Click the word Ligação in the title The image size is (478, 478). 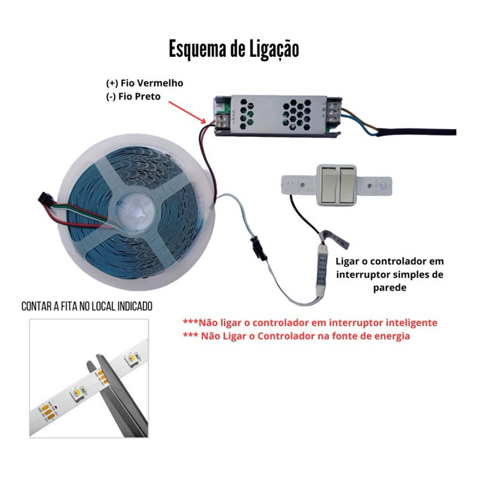274,50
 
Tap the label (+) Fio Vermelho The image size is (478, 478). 145,83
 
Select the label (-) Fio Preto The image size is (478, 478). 133,96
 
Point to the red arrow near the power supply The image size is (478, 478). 187,112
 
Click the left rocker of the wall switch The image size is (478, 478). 329,185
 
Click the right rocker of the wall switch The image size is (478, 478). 347,185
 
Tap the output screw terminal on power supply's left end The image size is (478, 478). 222,121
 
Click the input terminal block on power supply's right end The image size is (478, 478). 334,112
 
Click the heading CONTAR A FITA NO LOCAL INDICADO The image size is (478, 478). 87,307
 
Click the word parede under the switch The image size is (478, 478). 390,287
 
